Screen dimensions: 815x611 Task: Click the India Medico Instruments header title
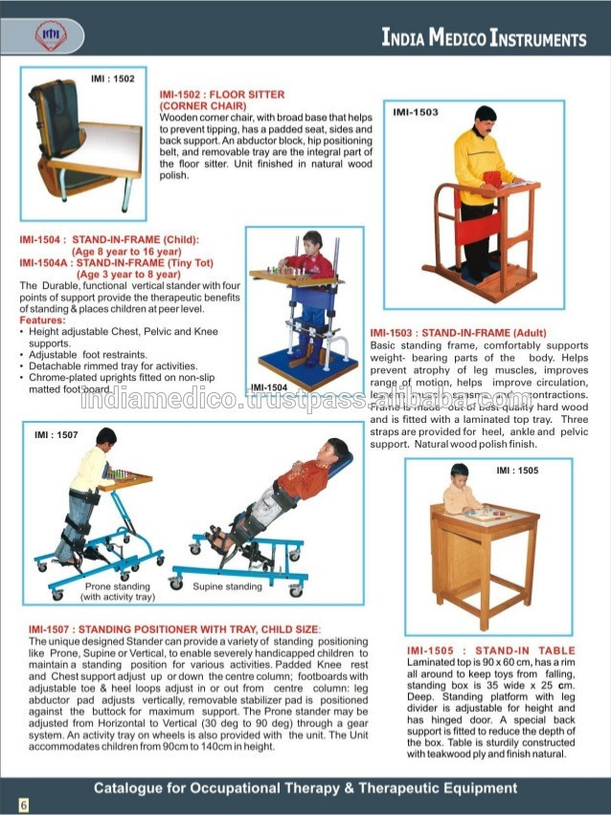pyautogui.click(x=484, y=39)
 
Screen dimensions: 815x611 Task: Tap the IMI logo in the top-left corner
pyautogui.click(x=48, y=36)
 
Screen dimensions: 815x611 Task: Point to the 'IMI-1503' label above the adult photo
pyautogui.click(x=416, y=112)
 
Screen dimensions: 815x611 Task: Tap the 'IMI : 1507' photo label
pyautogui.click(x=57, y=435)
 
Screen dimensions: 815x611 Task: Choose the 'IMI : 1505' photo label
pyautogui.click(x=517, y=471)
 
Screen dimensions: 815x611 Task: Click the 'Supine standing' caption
pyautogui.click(x=227, y=585)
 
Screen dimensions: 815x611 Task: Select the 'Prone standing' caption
pyautogui.click(x=118, y=585)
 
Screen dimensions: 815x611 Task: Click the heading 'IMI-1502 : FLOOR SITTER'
pyautogui.click(x=221, y=95)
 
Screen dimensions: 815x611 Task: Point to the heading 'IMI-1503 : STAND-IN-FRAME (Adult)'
pyautogui.click(x=456, y=333)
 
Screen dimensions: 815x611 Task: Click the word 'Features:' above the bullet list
pyautogui.click(x=42, y=320)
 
